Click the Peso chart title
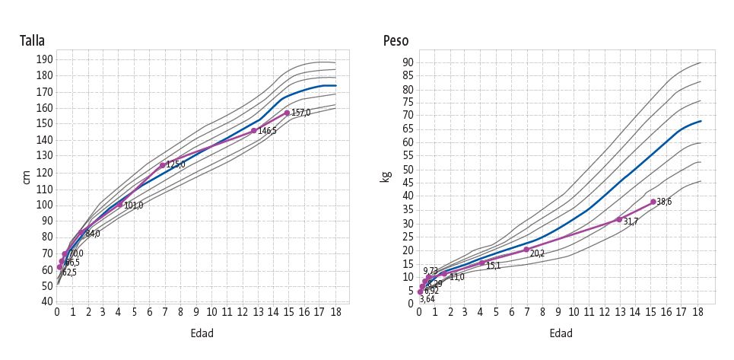tap(396, 41)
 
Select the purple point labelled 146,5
tap(253, 131)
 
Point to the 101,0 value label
tap(133, 205)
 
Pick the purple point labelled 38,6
tap(653, 202)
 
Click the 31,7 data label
tap(630, 221)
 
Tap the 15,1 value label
tap(493, 266)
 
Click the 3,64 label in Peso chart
tap(427, 300)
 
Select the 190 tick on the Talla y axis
tap(45, 59)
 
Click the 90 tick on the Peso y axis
tap(408, 62)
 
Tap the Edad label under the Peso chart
tap(561, 333)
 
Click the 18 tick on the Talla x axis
tap(335, 311)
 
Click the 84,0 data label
tap(92, 234)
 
